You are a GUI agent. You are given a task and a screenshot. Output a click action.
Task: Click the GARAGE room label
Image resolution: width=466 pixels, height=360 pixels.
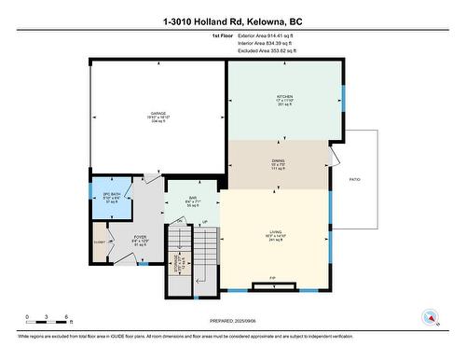click(x=158, y=115)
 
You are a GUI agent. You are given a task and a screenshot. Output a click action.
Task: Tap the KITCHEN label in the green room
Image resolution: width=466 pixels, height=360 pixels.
click(x=285, y=96)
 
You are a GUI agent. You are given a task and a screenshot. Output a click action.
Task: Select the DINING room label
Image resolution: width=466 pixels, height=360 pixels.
click(x=279, y=161)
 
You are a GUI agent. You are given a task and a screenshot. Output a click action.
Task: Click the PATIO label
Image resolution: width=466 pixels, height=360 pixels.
click(x=355, y=179)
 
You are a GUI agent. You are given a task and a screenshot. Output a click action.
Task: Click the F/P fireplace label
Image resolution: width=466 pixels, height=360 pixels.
click(x=273, y=279)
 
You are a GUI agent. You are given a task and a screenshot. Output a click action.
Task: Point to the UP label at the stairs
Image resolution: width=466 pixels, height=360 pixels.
click(x=204, y=222)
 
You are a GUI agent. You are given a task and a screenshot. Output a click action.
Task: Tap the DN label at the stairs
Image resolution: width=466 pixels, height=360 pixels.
click(x=181, y=220)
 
